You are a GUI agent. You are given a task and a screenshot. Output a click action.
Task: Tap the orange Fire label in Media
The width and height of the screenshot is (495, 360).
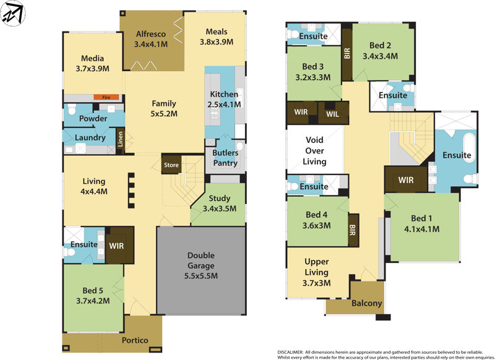pos(101,97)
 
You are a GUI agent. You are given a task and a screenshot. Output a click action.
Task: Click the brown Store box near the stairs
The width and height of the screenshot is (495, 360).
pos(171,165)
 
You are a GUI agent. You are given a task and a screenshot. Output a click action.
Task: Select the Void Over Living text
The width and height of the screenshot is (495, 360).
pos(314,151)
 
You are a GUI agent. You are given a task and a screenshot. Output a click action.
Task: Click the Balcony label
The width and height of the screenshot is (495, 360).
pos(367,304)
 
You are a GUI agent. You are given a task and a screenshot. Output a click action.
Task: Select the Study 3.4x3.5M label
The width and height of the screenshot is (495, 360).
pos(220,204)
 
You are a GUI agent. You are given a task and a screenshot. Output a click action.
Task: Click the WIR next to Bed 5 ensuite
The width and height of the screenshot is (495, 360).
pos(118,245)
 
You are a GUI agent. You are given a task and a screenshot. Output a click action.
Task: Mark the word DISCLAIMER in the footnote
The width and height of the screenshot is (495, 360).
pos(289,350)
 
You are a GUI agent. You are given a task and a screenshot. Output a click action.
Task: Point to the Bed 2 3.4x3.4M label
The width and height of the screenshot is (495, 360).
pos(381,50)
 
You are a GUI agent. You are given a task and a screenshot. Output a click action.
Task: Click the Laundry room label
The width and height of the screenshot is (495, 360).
pos(90,137)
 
